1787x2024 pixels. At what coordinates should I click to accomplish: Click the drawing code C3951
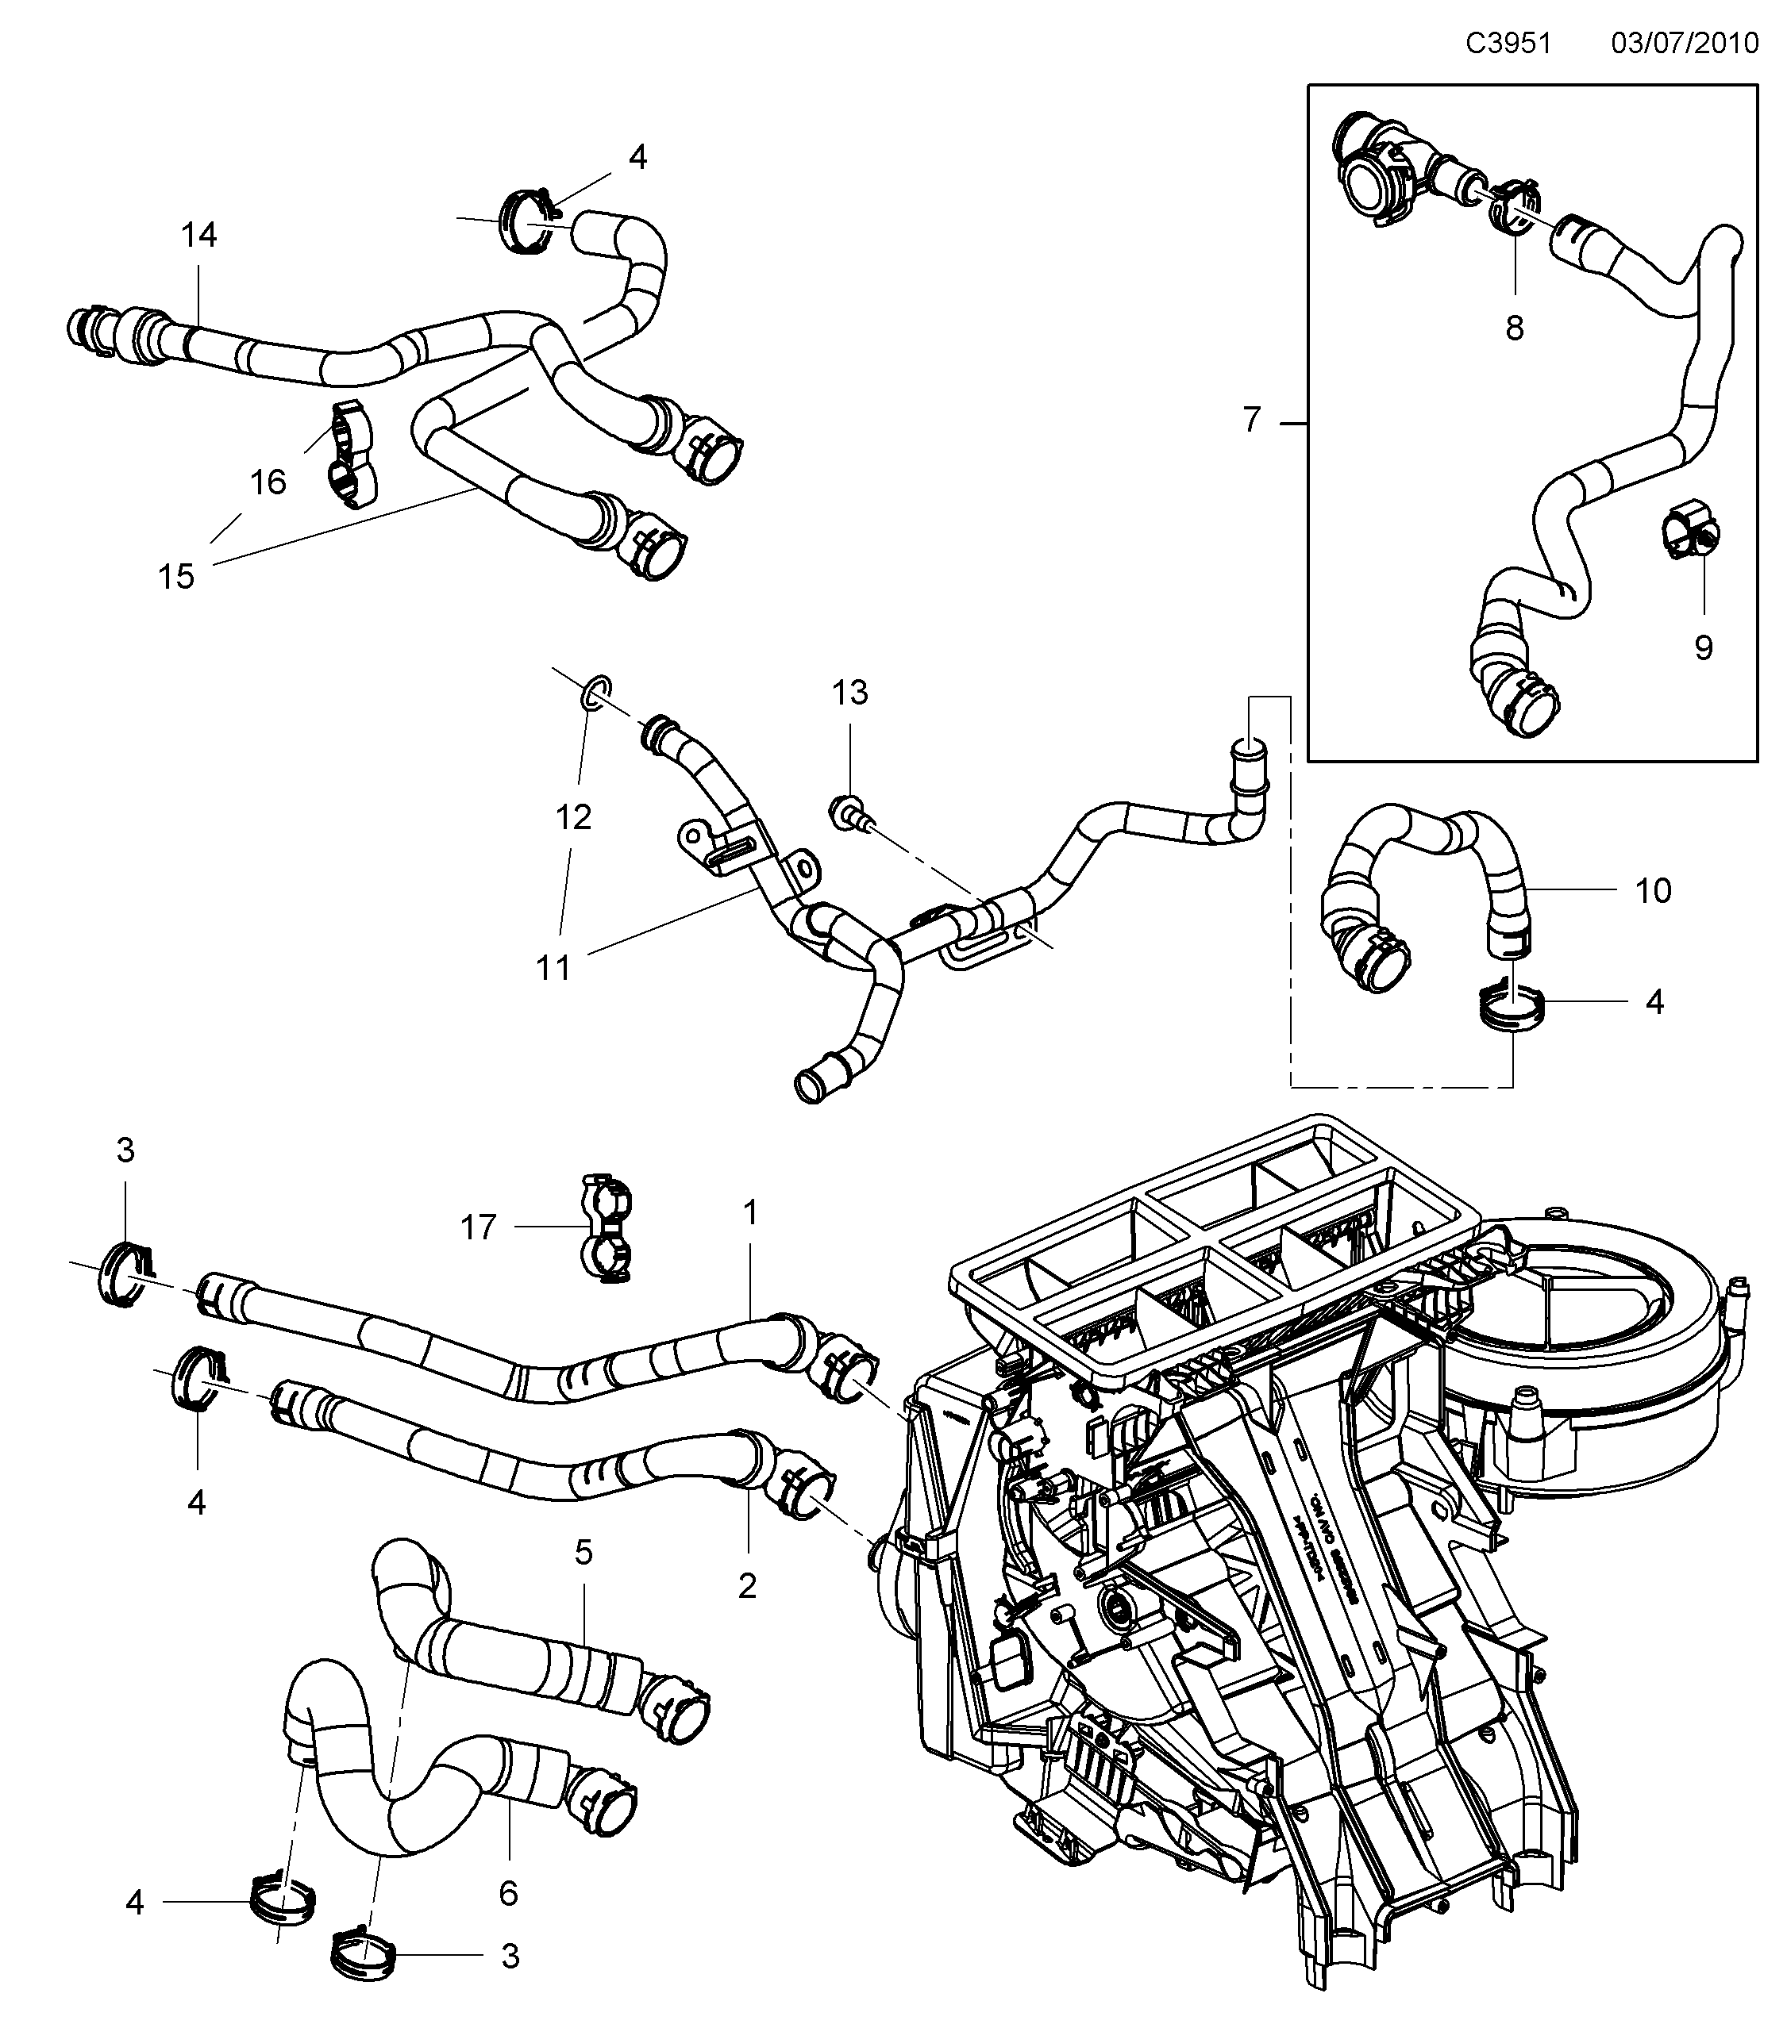click(x=1508, y=44)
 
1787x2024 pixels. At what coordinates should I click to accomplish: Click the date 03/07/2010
click(x=1685, y=44)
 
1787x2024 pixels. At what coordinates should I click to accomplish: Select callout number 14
click(x=198, y=235)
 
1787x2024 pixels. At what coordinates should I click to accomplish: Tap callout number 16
click(x=268, y=482)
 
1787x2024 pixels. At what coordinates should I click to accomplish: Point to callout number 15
click(x=176, y=576)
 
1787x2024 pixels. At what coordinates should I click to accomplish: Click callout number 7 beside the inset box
click(x=1252, y=421)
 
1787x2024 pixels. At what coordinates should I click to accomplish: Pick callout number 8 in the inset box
click(x=1514, y=328)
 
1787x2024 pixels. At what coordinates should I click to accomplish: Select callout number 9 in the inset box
click(x=1703, y=647)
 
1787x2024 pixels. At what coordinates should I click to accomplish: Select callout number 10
click(x=1652, y=890)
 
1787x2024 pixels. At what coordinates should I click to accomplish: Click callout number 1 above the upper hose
click(x=750, y=1212)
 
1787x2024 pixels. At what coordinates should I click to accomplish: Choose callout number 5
click(x=583, y=1552)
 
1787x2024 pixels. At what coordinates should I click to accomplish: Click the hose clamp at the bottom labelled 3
click(x=361, y=1951)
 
